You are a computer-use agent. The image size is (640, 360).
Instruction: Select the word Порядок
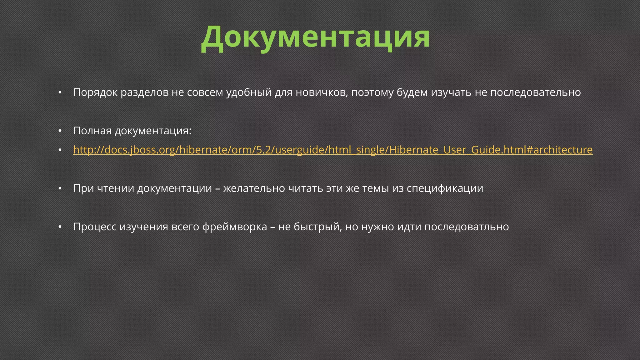click(95, 92)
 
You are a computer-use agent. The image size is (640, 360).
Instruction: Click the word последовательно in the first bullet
click(535, 92)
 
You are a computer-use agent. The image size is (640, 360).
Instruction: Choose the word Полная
click(92, 131)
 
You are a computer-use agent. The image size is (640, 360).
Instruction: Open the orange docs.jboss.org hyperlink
click(333, 150)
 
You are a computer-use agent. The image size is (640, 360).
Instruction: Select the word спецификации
click(445, 188)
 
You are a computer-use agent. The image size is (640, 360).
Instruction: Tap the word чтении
click(116, 188)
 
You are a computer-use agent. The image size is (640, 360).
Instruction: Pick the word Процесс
click(95, 227)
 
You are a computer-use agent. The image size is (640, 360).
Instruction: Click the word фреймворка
click(234, 227)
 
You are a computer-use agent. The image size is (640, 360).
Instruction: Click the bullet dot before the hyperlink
click(60, 150)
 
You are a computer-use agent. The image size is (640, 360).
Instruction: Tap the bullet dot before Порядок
click(60, 93)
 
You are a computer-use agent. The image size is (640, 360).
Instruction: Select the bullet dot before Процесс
click(60, 227)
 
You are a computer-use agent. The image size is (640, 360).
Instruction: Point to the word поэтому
click(372, 92)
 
